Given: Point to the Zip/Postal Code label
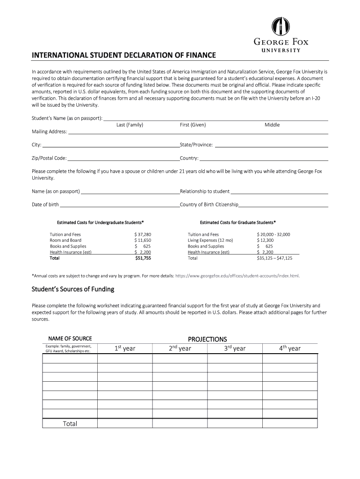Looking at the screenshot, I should pos(49,158).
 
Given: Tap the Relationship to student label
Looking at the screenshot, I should pos(205,191).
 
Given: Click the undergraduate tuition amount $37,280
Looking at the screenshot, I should pos(143,234).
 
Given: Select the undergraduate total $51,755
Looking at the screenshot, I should pos(143,258).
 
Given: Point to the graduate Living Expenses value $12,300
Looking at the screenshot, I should pos(265,240).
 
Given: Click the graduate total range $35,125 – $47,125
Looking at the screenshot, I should pos(274,258).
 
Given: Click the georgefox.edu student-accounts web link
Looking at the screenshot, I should pos(237,276).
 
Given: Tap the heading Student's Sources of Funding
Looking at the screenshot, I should pos(73,289).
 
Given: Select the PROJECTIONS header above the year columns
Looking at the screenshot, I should pos(207,339).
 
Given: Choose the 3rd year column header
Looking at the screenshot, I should pos(234,348).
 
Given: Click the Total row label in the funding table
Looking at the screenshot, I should pos(70,424).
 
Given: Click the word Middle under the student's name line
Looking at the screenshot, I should pos(272,125).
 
